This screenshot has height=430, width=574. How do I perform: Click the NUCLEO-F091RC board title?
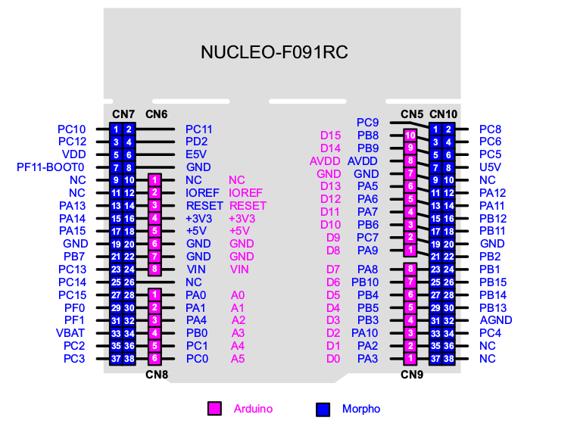[x=274, y=52]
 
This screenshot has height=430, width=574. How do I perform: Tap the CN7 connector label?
[x=123, y=114]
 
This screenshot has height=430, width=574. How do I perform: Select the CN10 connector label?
[x=443, y=114]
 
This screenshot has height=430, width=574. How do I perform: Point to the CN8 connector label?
[x=157, y=373]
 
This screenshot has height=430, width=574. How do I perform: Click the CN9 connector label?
[x=411, y=373]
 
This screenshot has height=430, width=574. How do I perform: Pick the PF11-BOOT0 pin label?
[x=51, y=167]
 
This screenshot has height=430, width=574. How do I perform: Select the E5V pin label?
[x=196, y=154]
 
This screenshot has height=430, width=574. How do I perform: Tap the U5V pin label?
[x=491, y=167]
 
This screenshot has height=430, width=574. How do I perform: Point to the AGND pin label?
[x=496, y=319]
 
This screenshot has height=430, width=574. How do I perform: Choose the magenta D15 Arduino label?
[x=331, y=136]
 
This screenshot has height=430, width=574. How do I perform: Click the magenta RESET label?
[x=248, y=205]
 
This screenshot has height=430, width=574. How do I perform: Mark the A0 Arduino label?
[x=238, y=294]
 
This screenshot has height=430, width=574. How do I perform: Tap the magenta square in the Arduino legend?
[x=214, y=409]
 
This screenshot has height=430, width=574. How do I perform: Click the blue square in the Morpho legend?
[x=323, y=409]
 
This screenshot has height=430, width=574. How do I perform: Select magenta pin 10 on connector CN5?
[x=410, y=136]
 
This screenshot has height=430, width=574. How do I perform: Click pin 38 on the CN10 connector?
[x=449, y=358]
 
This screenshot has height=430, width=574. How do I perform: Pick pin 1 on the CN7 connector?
[x=117, y=129]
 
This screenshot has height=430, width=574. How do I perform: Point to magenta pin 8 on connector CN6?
[x=154, y=269]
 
